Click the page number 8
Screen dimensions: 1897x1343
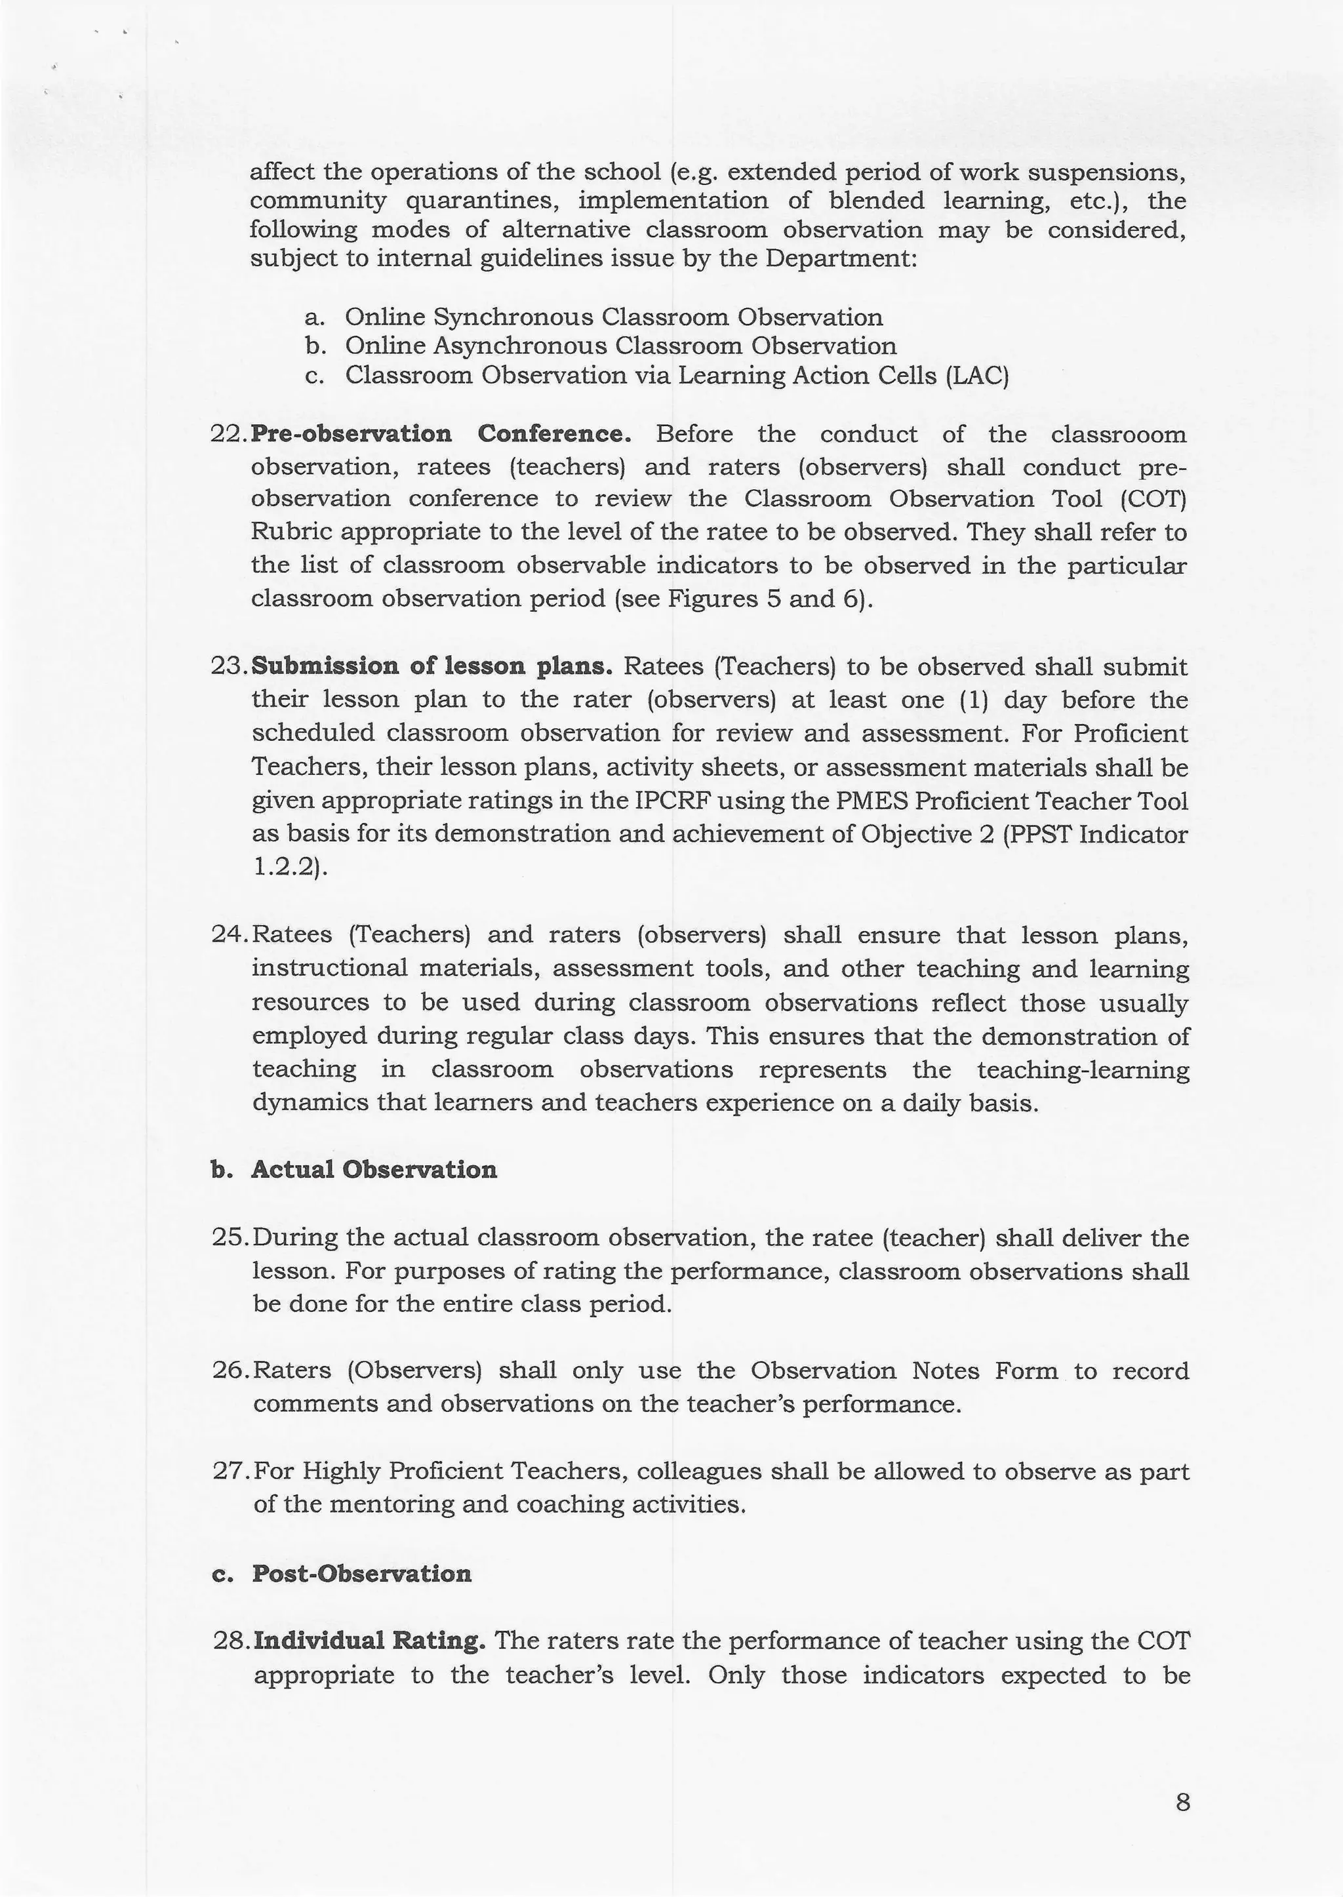[1182, 1802]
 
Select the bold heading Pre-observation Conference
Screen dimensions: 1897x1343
[441, 434]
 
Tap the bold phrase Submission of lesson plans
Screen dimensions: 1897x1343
[431, 666]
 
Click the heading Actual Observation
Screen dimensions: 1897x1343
[374, 1169]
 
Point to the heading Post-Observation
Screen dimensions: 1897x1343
[361, 1573]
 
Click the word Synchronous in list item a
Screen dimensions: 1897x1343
[513, 317]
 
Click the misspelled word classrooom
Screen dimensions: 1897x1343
[1119, 434]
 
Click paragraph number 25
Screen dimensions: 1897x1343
[230, 1238]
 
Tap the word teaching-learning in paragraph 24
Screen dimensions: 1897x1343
[1083, 1069]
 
